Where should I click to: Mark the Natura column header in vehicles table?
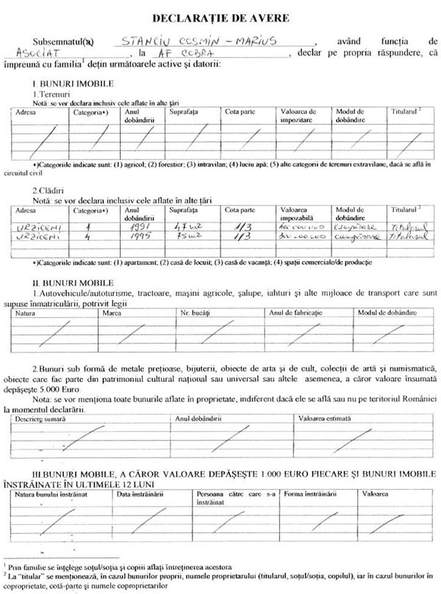25,314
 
